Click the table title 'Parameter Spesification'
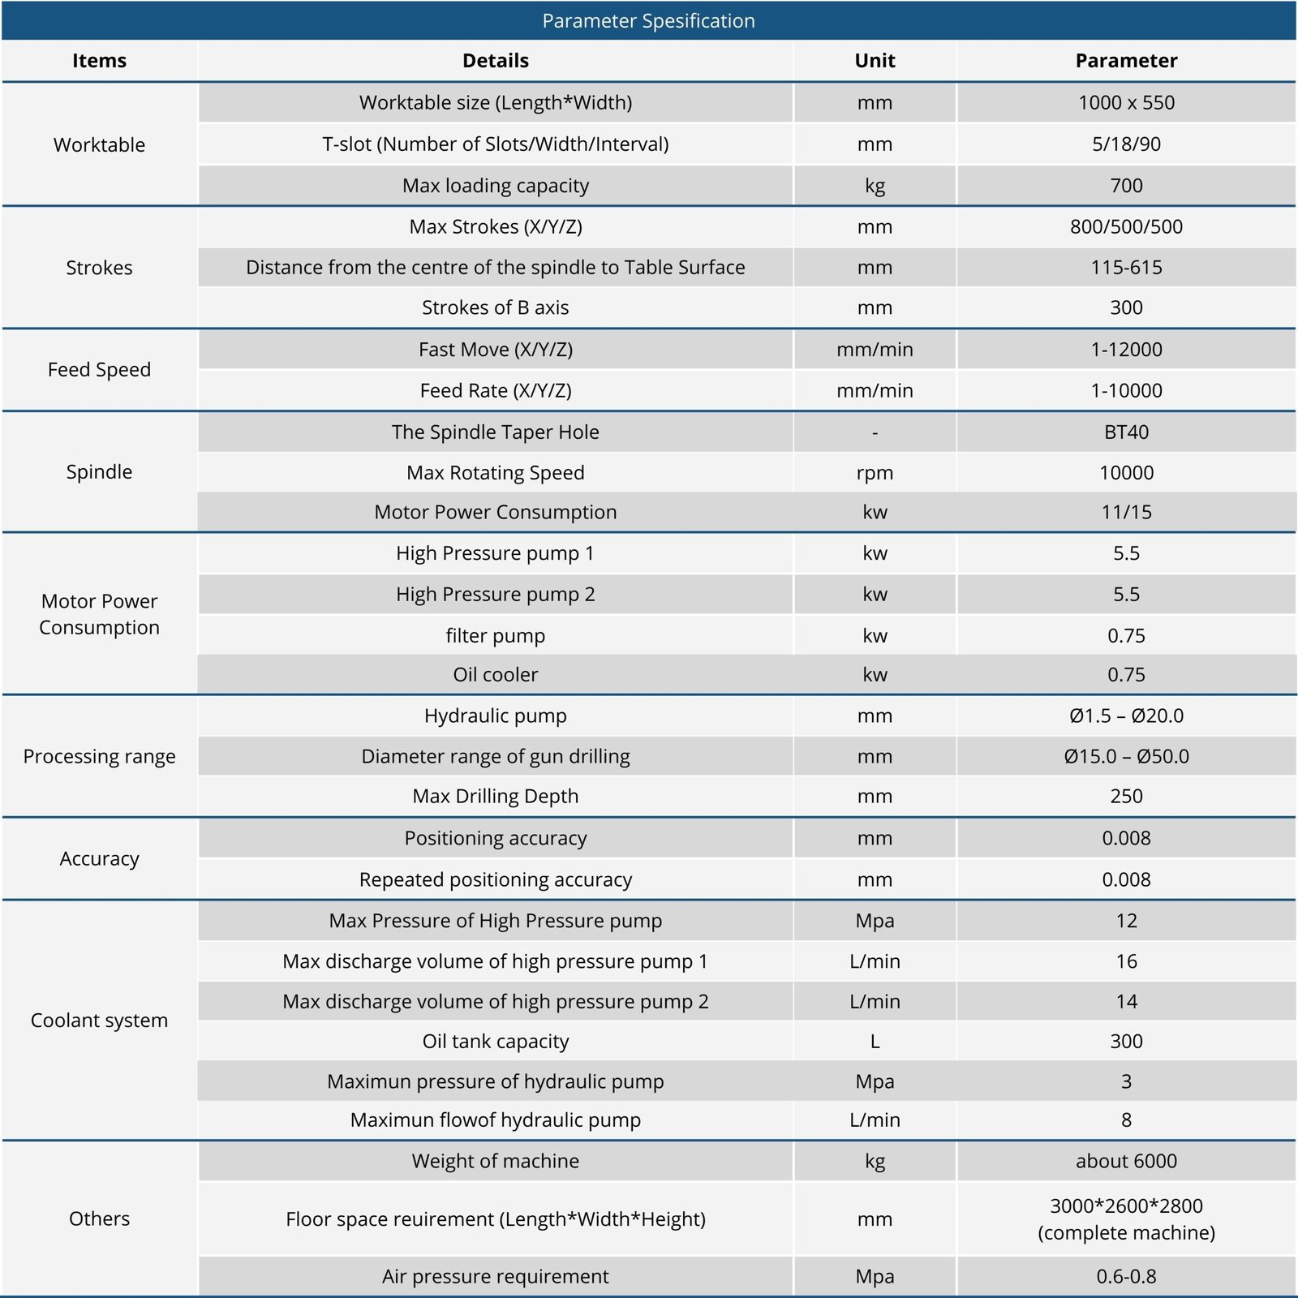coord(648,21)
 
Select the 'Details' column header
coord(495,61)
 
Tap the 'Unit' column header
coord(875,61)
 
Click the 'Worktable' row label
coord(99,145)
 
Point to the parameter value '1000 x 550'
coord(1126,103)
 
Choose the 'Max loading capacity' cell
coord(495,186)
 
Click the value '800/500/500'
coord(1126,227)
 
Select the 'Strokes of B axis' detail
coord(495,308)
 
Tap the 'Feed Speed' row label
coord(99,370)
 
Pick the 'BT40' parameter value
coord(1126,432)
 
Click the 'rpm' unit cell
coord(875,473)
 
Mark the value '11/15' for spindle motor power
coord(1126,513)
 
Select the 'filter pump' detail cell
coord(495,636)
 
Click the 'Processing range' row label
coord(99,757)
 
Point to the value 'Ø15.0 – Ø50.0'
coord(1126,757)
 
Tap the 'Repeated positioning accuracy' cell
coord(495,880)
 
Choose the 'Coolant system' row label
coord(99,1021)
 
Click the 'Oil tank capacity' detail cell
coord(495,1042)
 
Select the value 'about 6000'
coord(1126,1162)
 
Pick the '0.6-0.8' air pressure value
coord(1126,1277)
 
